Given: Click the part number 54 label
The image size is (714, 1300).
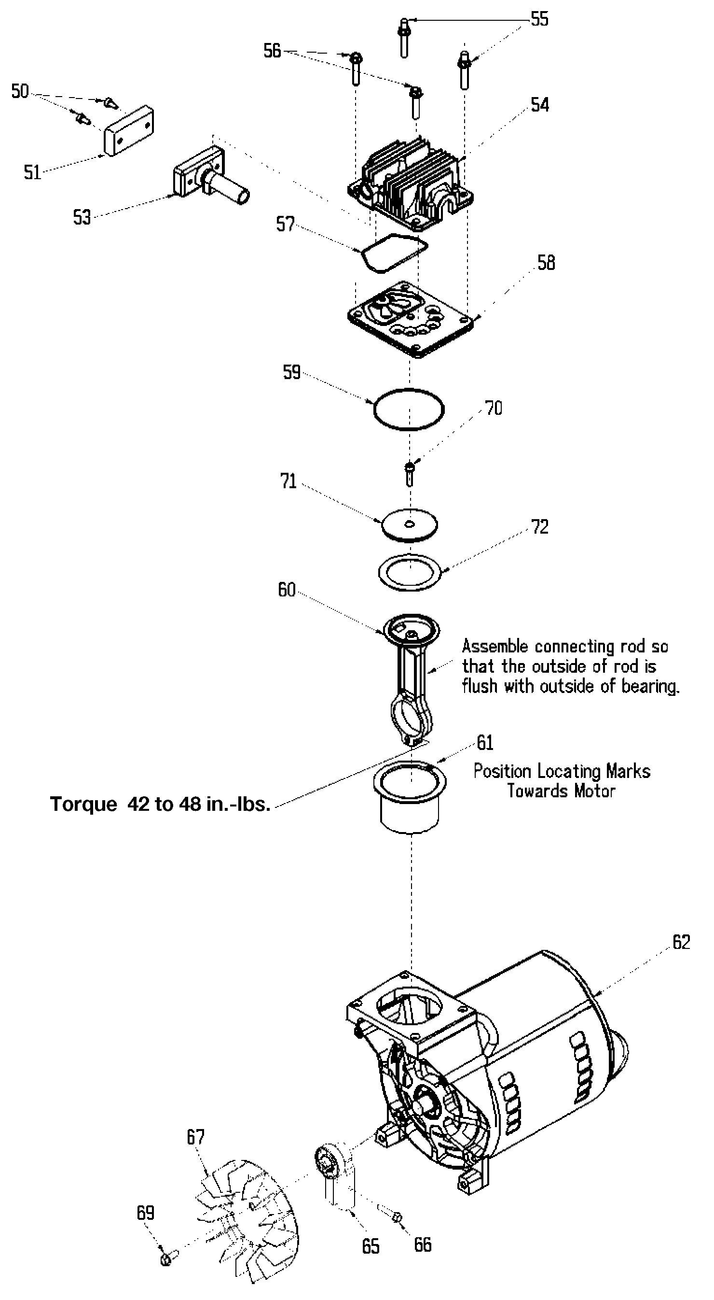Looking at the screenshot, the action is (539, 104).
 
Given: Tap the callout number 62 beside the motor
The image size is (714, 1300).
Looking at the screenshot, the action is (681, 942).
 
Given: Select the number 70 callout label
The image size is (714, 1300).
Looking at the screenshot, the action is (494, 408).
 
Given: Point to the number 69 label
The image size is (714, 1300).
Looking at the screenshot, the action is (145, 1213).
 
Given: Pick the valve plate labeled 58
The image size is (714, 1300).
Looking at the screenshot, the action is (411, 320).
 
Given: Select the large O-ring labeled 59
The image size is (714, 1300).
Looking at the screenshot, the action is (409, 410).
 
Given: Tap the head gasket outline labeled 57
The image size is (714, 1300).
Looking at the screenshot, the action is (393, 254).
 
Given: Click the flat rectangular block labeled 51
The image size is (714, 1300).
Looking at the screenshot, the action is (129, 130).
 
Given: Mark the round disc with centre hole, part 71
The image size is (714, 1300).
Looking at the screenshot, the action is (410, 525).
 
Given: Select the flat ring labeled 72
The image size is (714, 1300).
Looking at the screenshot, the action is (410, 572).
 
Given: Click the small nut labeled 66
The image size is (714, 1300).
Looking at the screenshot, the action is (398, 1218).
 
